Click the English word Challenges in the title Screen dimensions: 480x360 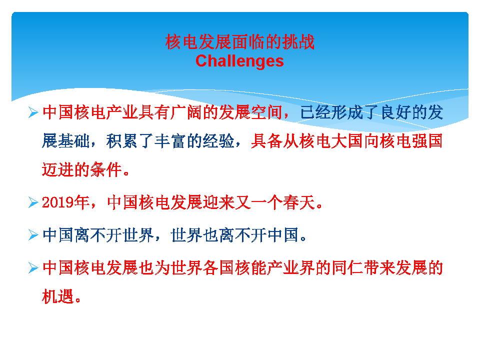(x=239, y=61)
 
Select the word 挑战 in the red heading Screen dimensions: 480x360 (x=298, y=42)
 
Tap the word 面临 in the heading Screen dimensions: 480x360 (x=248, y=42)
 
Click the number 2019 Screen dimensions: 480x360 (x=58, y=202)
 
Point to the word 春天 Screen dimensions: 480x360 (x=299, y=202)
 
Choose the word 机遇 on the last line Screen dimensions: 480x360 (x=58, y=296)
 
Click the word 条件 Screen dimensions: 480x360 (x=106, y=169)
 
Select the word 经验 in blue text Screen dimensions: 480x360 (x=218, y=141)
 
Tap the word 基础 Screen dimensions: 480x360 (x=74, y=141)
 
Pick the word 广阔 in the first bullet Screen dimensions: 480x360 (x=186, y=112)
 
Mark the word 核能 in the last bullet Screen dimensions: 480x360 (x=250, y=268)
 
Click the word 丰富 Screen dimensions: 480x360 (x=170, y=141)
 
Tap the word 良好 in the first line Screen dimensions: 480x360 (x=395, y=112)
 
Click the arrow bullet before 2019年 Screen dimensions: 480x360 (x=33, y=202)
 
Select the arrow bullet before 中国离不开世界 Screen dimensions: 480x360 (x=33, y=235)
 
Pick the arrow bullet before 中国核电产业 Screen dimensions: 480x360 (x=33, y=112)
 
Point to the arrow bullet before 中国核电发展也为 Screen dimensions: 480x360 (x=33, y=268)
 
